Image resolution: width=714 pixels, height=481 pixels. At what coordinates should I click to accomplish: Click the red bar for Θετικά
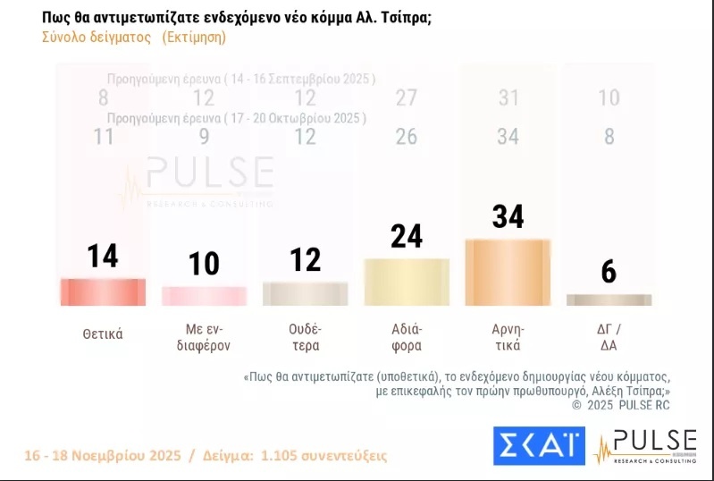point(102,292)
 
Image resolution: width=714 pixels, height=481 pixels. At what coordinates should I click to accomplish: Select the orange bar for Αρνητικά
point(508,263)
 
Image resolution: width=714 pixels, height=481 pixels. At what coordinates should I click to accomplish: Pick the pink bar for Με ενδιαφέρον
point(204,296)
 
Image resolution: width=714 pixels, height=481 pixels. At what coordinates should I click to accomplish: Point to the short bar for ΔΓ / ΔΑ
point(609,300)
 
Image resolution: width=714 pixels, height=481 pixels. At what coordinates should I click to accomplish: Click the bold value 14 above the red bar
point(103,256)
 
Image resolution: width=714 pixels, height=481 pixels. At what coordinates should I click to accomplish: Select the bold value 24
point(407,235)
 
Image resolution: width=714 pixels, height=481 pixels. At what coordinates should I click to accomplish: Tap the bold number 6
point(609,272)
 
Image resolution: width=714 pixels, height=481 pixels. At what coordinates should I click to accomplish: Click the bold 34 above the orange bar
point(508,216)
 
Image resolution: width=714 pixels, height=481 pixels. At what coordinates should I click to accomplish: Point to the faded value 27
point(407,98)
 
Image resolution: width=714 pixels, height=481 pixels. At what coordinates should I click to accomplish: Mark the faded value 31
point(508,98)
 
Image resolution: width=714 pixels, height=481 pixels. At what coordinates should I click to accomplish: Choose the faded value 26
point(407,137)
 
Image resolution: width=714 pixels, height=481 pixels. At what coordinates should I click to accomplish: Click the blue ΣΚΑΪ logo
point(538,446)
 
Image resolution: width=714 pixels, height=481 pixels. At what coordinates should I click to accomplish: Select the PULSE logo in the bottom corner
point(646,446)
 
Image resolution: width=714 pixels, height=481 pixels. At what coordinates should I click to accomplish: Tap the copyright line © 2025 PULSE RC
point(620,405)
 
